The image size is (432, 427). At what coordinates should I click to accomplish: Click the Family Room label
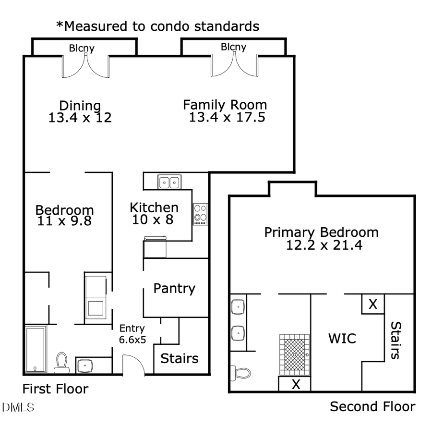225,105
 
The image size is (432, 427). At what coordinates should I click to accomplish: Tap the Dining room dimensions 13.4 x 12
80,118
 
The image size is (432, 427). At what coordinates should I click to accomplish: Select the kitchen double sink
169,182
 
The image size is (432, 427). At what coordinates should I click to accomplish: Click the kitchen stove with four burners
201,214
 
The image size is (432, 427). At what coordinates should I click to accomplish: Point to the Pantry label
174,289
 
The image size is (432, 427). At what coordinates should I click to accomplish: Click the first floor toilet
61,363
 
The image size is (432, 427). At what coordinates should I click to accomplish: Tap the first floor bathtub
35,349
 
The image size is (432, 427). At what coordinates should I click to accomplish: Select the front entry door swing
133,365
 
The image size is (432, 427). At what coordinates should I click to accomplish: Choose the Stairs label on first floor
179,359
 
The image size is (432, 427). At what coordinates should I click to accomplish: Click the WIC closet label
342,338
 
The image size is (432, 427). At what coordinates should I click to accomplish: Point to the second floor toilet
240,373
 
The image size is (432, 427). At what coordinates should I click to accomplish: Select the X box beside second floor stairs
373,304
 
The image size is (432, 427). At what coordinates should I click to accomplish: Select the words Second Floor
372,406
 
